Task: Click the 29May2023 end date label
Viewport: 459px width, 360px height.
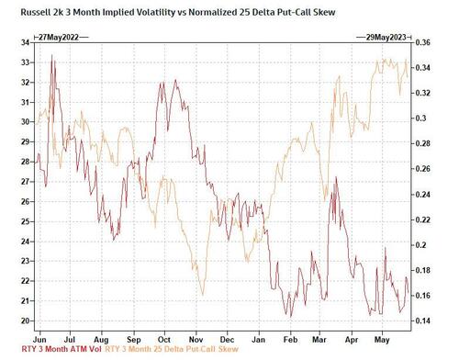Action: point(382,35)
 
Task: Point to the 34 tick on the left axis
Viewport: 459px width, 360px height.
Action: point(24,42)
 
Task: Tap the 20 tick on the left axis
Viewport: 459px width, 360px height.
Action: point(24,321)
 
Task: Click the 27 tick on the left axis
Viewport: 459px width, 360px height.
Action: point(24,181)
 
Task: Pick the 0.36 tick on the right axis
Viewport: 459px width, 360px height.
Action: point(422,42)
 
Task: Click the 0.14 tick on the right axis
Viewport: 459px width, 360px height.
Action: point(422,321)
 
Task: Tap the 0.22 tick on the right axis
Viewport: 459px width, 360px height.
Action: point(422,219)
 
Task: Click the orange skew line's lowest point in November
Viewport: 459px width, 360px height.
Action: point(199,269)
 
